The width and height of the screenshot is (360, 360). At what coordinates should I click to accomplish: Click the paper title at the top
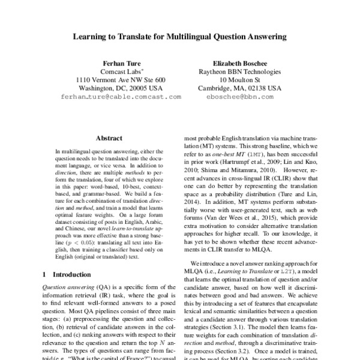[180, 37]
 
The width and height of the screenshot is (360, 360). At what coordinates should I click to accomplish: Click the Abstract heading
[109, 137]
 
